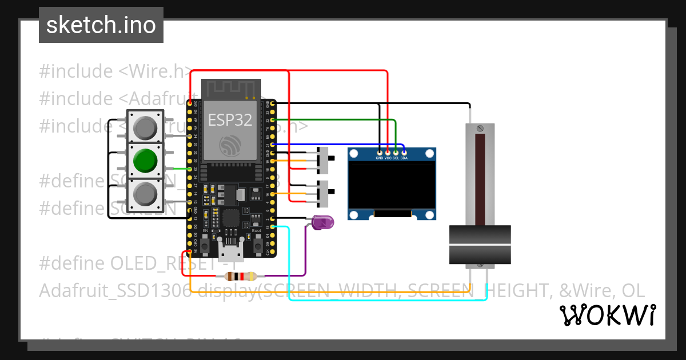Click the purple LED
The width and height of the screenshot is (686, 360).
click(323, 222)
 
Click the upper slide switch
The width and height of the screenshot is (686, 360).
click(324, 161)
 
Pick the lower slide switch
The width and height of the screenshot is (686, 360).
click(324, 194)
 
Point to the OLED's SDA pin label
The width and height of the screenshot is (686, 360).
click(404, 157)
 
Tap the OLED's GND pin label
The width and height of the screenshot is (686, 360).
click(380, 157)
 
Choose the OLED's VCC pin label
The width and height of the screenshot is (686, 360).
click(388, 157)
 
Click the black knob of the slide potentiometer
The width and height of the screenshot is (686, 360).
click(480, 245)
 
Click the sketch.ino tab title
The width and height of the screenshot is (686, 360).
click(101, 25)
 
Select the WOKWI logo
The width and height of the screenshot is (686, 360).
click(607, 315)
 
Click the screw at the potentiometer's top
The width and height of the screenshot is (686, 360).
click(480, 128)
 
